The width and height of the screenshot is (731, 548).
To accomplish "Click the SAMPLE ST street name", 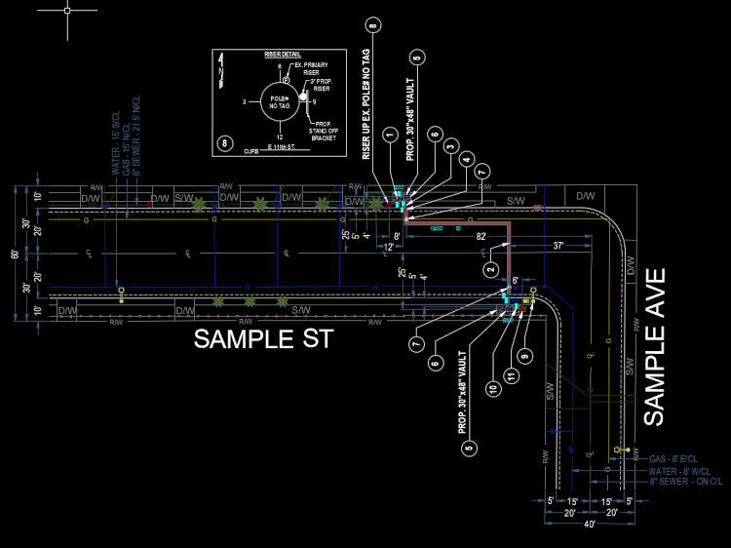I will (263, 339).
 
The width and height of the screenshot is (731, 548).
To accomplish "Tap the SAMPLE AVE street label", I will (654, 347).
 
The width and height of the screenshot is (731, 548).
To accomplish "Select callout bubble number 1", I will (388, 134).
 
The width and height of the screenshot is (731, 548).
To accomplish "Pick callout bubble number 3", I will (450, 146).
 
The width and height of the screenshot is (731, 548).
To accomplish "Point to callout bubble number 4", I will (468, 158).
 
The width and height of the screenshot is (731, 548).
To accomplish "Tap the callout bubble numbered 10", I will (493, 389).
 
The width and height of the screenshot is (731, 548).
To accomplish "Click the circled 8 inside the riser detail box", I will (225, 143).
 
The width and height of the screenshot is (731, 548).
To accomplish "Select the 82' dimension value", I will (481, 237).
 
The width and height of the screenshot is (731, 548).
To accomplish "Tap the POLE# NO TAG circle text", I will (281, 100).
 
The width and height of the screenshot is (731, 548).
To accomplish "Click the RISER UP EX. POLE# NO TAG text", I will (366, 102).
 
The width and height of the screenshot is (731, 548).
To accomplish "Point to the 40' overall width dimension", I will (589, 525).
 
